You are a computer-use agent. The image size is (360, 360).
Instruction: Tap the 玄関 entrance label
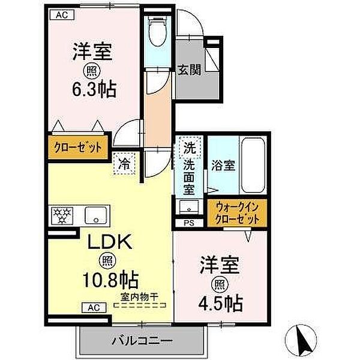pos(190,70)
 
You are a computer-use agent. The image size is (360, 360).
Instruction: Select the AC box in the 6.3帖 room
pos(62,15)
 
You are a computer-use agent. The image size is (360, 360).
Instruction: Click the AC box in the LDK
pos(94,307)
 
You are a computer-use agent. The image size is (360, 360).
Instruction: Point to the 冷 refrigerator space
pos(124,164)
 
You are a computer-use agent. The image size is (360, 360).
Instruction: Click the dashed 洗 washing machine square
pos(190,148)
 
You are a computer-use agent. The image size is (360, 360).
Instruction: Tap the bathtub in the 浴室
pos(253,166)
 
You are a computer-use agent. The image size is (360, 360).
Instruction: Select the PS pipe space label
pos(189,223)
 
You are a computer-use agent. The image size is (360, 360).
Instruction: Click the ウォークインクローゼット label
pos(238,214)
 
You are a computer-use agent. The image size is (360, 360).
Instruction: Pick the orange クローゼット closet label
pos(78,147)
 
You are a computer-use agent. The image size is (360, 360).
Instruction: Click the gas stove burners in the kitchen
pos(62,215)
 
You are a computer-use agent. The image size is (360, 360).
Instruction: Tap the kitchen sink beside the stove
pos(96,215)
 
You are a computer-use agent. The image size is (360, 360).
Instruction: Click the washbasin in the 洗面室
pos(189,206)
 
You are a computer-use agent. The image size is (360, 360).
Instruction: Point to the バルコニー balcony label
pos(142,341)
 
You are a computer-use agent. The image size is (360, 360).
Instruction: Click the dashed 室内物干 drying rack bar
pos(140,305)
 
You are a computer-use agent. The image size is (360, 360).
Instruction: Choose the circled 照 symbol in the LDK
pos(107,261)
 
